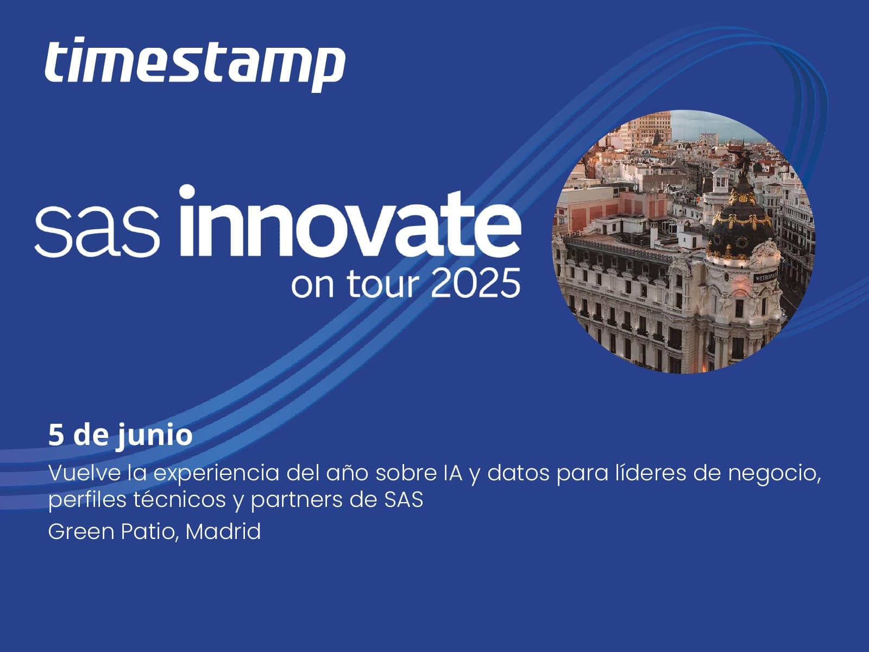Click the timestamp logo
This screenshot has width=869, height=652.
click(x=195, y=64)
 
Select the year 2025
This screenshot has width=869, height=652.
click(x=475, y=283)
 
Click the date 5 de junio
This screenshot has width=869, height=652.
click(x=121, y=435)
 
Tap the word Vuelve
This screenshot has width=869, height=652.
click(x=84, y=473)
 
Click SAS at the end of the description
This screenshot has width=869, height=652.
click(x=404, y=499)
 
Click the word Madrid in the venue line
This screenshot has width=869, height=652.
click(x=223, y=531)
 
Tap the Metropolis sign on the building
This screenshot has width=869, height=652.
click(x=765, y=278)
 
